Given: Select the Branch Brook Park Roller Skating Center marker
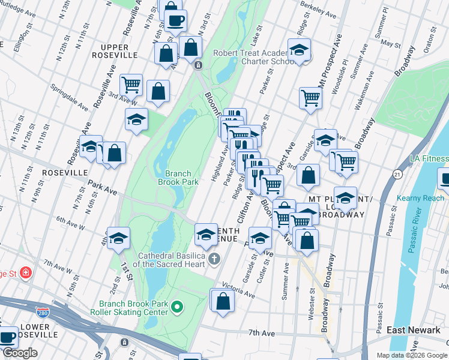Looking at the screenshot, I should pyautogui.click(x=176, y=308).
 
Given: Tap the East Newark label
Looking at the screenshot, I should pyautogui.click(x=414, y=330).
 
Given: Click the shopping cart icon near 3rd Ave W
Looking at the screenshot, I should pyautogui.click(x=131, y=85).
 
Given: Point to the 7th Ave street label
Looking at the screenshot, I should pyautogui.click(x=261, y=332).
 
